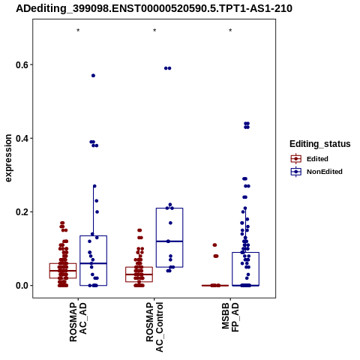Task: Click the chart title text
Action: pyautogui.click(x=154, y=9)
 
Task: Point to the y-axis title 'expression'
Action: pyautogui.click(x=8, y=158)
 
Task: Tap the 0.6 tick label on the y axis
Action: pyautogui.click(x=21, y=64)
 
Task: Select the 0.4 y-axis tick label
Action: pyautogui.click(x=21, y=138)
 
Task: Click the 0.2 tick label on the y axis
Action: pyautogui.click(x=21, y=211)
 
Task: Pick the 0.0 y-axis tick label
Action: pyautogui.click(x=21, y=285)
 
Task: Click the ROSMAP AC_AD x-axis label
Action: pyautogui.click(x=78, y=322)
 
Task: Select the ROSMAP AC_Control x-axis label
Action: pyautogui.click(x=154, y=327)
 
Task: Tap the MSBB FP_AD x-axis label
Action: pyautogui.click(x=230, y=317)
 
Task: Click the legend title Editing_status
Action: pyautogui.click(x=319, y=144)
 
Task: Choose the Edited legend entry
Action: pyautogui.click(x=310, y=159)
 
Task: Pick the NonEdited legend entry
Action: pyautogui.click(x=316, y=172)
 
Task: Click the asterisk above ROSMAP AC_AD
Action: pyautogui.click(x=78, y=31)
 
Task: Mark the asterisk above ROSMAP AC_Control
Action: pyautogui.click(x=154, y=31)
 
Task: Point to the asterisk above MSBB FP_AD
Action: pyautogui.click(x=230, y=31)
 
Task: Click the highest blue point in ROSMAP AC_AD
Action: pyautogui.click(x=93, y=76)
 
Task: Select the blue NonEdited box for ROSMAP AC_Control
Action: pyautogui.click(x=169, y=208)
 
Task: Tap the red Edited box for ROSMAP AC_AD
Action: pyautogui.click(x=63, y=263)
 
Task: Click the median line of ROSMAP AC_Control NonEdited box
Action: pyautogui.click(x=169, y=241)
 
